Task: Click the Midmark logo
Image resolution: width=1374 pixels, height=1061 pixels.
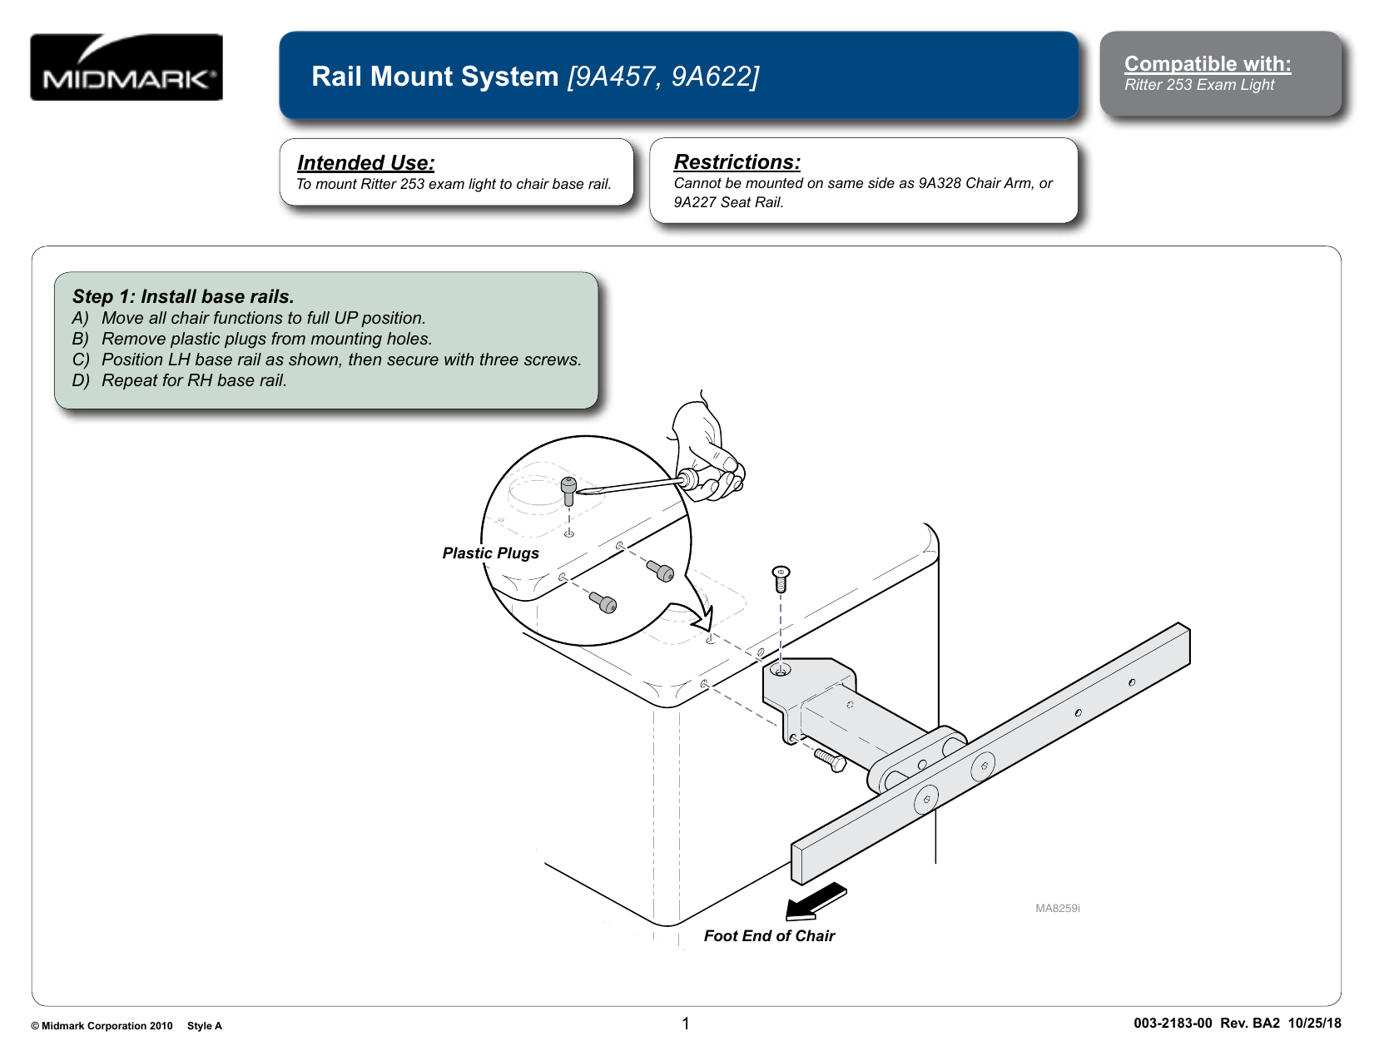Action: pos(126,67)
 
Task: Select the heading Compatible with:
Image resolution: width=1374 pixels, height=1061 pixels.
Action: pos(1207,64)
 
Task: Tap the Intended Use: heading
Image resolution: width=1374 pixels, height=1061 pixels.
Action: pos(365,163)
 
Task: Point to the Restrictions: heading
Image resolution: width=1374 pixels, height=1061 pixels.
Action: pos(737,162)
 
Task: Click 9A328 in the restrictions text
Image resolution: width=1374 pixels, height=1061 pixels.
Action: pos(939,183)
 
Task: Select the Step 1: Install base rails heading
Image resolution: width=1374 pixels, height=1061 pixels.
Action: pos(183,296)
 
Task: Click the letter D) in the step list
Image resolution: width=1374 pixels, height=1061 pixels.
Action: pos(80,380)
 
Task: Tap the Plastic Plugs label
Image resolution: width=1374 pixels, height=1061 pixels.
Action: pos(490,553)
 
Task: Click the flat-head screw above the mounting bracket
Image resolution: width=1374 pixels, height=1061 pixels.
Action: pos(781,578)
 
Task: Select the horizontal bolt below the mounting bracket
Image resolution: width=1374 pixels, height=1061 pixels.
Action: pos(830,759)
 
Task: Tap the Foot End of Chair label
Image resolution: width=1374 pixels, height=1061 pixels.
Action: pos(769,936)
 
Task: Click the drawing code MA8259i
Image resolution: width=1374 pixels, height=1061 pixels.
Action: pos(1057,908)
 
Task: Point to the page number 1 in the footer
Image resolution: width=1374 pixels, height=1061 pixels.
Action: pos(686,1024)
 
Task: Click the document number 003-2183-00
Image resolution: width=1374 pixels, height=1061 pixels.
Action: pos(1172,1024)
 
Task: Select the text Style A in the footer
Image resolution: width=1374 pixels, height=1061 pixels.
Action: pos(205,1026)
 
